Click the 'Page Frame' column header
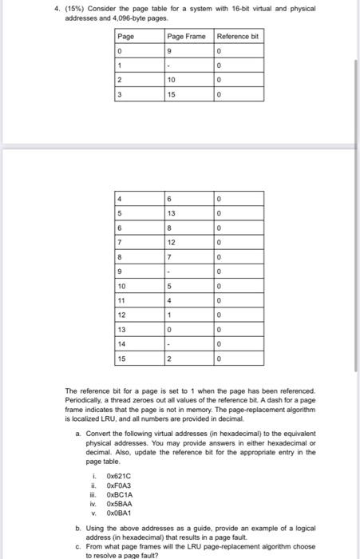(185, 37)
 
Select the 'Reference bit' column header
(237, 37)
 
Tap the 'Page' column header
(126, 37)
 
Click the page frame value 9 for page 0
(170, 50)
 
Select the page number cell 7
(120, 241)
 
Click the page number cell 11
(122, 299)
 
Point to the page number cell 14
(122, 343)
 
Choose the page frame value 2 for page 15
(170, 358)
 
